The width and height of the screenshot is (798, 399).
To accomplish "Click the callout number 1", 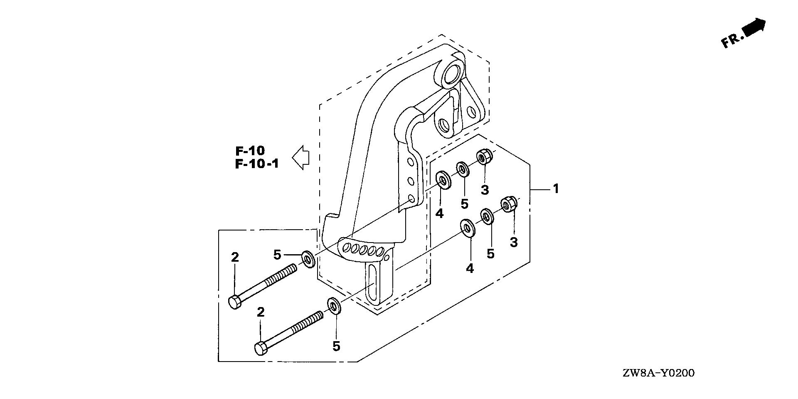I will (x=556, y=189).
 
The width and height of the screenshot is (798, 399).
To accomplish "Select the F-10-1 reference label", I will (x=257, y=164).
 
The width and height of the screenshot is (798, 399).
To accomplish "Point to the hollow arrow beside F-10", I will (x=301, y=157).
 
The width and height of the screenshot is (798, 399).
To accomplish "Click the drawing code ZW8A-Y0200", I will (x=658, y=373).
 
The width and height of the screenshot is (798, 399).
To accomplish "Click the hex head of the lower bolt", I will (x=261, y=348).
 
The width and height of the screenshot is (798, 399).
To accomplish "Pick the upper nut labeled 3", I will (x=484, y=157).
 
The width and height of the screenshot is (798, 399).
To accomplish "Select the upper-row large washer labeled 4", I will (x=443, y=180).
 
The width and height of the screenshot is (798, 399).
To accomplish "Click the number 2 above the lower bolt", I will (x=261, y=312).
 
